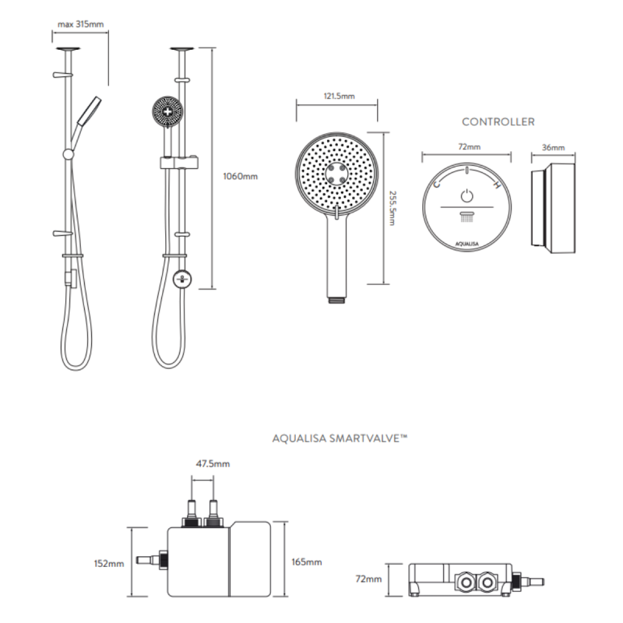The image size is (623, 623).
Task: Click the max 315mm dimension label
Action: pos(80,24)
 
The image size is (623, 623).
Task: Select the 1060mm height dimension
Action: pos(240,176)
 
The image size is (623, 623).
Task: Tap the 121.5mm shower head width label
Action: pos(338,97)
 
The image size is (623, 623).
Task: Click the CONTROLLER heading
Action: pos(498,121)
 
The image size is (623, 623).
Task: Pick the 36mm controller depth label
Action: pos(554,146)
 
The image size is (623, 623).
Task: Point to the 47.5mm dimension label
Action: pos(212,464)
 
